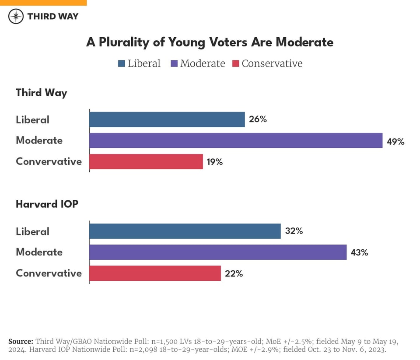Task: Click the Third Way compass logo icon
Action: [x=16, y=16]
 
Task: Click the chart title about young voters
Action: [x=210, y=42]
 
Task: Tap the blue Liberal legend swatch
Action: [x=121, y=64]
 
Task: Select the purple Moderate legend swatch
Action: [x=172, y=64]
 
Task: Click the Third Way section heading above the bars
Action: [x=42, y=93]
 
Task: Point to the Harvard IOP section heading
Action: [x=47, y=204]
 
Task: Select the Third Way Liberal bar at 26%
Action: [x=167, y=119]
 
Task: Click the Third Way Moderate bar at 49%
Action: [x=236, y=140]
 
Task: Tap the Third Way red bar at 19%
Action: [x=146, y=161]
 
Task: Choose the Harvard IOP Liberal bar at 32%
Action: [x=185, y=231]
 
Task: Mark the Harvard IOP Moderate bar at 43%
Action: [x=218, y=252]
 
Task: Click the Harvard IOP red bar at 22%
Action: [x=155, y=273]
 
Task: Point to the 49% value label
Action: [x=395, y=141]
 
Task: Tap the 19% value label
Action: [x=214, y=162]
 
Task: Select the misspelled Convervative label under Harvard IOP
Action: [x=49, y=273]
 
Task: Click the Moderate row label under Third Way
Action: [x=39, y=140]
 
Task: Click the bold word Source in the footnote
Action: [x=21, y=341]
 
